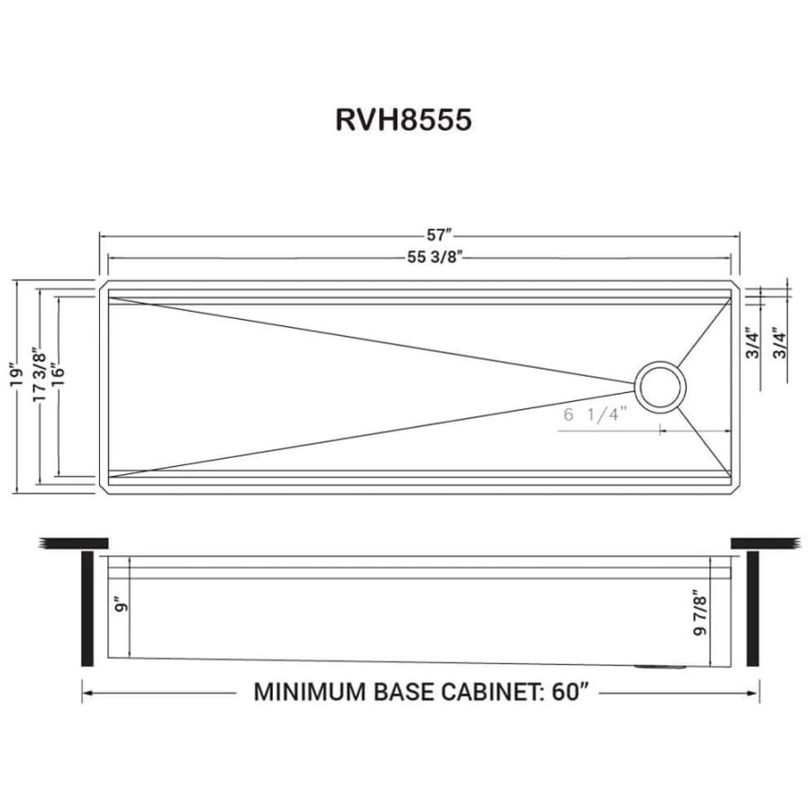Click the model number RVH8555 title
[x=404, y=121]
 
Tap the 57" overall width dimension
[x=439, y=236]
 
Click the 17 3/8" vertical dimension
[x=37, y=376]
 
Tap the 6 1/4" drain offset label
[x=594, y=415]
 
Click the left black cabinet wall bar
[x=87, y=609]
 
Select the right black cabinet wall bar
[x=752, y=609]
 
